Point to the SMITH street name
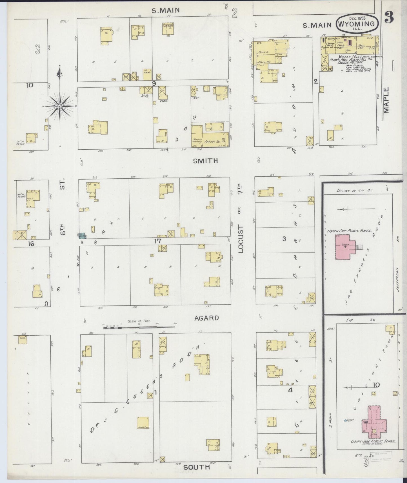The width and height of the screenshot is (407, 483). (205, 161)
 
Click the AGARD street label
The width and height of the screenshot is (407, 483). (206, 318)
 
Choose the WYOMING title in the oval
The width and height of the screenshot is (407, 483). (357, 24)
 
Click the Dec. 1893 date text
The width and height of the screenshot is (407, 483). (357, 18)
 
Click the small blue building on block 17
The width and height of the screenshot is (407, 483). (83, 236)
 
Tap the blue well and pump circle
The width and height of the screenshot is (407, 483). (346, 421)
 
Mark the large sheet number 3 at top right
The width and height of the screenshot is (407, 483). (390, 18)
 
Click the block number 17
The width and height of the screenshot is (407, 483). (157, 241)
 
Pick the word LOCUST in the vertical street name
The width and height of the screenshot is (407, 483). (241, 239)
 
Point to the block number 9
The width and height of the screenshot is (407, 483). (154, 83)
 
